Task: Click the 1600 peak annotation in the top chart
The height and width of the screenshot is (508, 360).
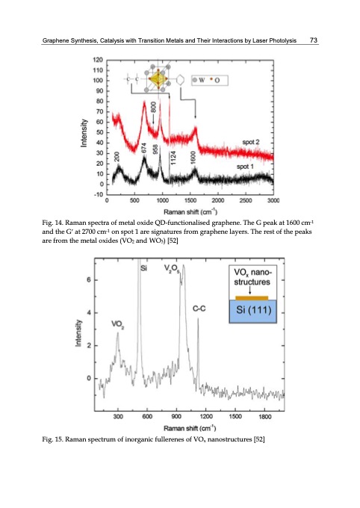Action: point(193,158)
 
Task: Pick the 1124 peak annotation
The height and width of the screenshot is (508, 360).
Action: point(173,158)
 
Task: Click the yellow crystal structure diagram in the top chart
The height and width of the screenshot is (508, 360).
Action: point(158,79)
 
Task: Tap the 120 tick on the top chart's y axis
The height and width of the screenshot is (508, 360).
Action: point(98,59)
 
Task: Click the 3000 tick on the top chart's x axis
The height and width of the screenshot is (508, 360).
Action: point(273,200)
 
